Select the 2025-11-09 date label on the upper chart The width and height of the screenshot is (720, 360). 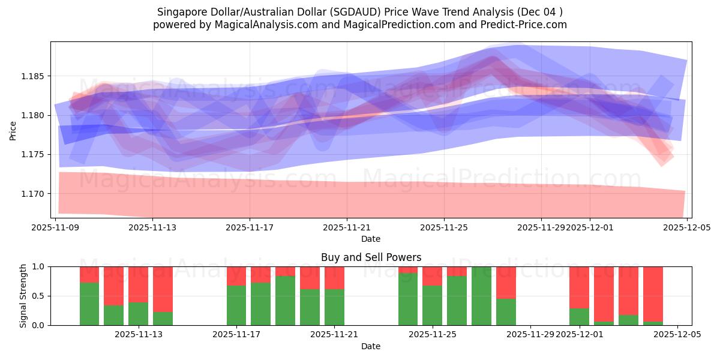(x=56, y=227)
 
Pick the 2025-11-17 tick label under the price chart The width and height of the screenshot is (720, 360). (x=250, y=227)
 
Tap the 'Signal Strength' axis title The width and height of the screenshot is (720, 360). (x=23, y=295)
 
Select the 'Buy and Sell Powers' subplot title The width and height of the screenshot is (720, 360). (x=371, y=257)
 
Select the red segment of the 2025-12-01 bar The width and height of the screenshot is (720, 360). (x=579, y=287)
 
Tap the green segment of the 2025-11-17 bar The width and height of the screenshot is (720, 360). (x=236, y=305)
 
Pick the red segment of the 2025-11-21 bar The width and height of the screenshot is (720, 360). (x=334, y=278)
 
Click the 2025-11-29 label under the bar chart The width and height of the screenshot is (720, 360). (x=531, y=334)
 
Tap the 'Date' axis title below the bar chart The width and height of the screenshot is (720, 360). (x=371, y=346)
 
